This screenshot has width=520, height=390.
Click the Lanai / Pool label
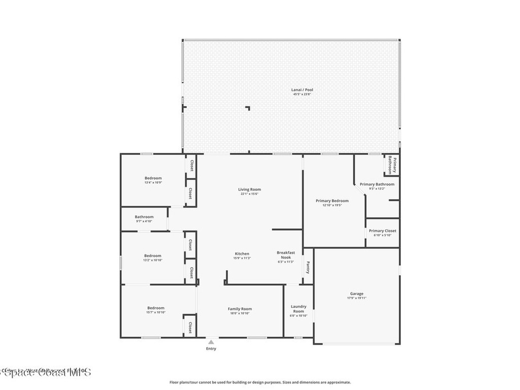303,90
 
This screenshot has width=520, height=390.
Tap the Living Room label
249,189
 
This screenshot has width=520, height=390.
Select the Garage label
356,294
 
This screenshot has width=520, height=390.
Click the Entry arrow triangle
211,342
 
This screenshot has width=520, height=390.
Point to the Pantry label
308,267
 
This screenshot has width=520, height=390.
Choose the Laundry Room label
299,309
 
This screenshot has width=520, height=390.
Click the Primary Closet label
383,231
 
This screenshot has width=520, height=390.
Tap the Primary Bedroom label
332,201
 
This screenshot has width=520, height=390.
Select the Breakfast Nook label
286,255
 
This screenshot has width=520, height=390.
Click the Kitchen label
242,254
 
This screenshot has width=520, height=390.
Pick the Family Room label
240,309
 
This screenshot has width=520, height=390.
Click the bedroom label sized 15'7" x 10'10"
156,308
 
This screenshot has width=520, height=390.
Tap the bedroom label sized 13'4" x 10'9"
153,178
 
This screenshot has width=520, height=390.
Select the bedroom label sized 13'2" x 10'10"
152,256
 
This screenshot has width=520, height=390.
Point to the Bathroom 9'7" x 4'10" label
144,217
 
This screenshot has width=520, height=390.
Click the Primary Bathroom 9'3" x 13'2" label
377,184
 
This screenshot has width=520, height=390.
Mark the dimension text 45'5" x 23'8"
303,94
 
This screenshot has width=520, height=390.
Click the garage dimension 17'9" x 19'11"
356,298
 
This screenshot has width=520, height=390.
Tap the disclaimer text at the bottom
259,382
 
